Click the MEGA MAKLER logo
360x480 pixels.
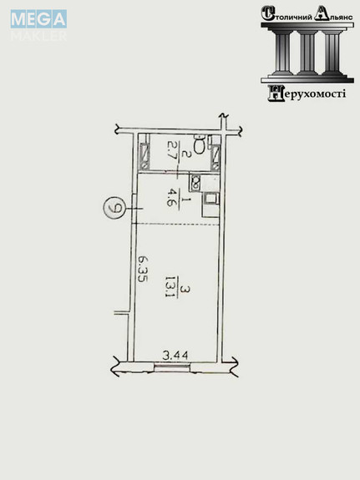pos(38,25)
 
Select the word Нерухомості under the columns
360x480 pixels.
pos(307,93)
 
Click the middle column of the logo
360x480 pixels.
pos(307,53)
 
